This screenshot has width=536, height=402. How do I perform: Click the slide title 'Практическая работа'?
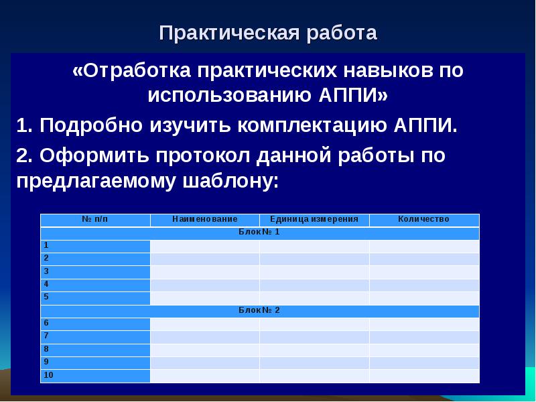268,33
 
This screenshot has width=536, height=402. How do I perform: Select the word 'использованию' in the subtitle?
227,94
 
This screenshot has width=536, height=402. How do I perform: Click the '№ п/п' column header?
95,220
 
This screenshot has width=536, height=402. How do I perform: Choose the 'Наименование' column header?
204,220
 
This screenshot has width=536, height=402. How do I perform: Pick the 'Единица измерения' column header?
314,220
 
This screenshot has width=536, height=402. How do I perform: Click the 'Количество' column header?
423,220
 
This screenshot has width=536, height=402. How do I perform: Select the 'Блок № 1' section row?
259,232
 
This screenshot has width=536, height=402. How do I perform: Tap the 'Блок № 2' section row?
259,311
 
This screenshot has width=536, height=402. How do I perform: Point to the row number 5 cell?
95,297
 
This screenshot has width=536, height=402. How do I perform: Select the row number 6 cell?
95,324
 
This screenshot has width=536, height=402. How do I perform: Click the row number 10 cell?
95,376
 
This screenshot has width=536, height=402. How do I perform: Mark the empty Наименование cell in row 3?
204,272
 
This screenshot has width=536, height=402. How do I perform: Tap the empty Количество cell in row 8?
423,350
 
